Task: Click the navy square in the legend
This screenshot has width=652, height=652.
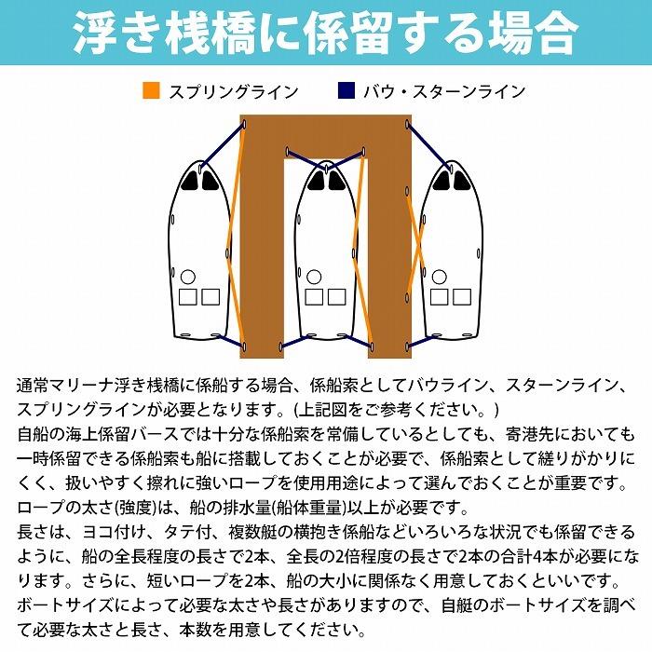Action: coord(346,91)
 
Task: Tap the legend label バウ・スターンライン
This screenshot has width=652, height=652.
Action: coord(446,91)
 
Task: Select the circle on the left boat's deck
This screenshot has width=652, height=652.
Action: coord(188,277)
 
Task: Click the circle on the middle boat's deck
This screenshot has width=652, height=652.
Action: coord(314,277)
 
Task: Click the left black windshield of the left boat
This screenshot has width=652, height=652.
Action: coord(192,178)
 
